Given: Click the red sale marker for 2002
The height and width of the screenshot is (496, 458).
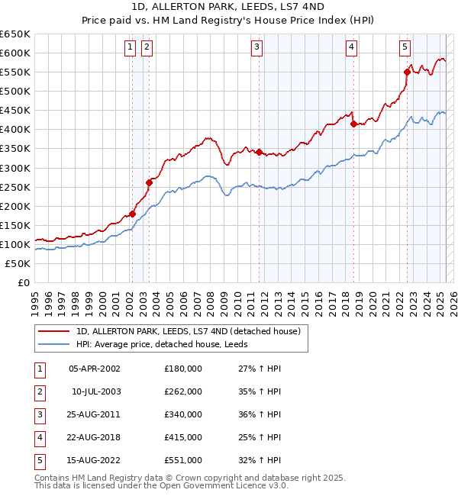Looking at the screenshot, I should [133, 214].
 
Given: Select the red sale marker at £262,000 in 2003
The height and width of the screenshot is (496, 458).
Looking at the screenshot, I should [150, 182].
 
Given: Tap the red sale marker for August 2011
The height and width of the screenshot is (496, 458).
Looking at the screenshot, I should [260, 152].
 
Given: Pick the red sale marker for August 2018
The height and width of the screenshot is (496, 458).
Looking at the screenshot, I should [353, 124].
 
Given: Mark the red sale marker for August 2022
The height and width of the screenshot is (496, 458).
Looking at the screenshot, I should [407, 72].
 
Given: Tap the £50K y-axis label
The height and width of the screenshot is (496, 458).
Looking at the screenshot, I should [18, 263].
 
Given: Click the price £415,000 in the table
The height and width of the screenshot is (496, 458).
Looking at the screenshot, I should [183, 437].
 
